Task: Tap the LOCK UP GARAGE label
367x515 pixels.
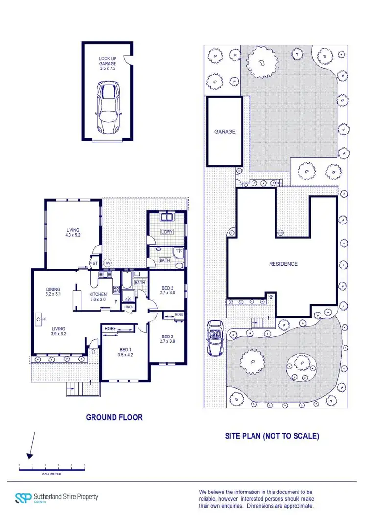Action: [108, 61]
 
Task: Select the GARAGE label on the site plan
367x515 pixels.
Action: [225, 132]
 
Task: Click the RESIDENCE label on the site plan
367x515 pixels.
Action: [283, 264]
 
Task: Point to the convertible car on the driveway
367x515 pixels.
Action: [215, 337]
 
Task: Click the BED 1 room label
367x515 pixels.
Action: [125, 352]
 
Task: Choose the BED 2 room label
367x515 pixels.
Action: [167, 339]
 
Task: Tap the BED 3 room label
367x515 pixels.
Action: [167, 290]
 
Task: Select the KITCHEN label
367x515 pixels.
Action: [98, 297]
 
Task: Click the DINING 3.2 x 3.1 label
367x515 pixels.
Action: [53, 291]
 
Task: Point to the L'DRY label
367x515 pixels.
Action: [167, 232]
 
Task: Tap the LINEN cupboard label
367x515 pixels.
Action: [129, 307]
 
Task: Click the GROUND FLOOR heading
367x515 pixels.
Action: [114, 417]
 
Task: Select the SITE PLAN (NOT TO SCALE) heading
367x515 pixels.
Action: [272, 436]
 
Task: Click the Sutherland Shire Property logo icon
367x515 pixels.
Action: [23, 498]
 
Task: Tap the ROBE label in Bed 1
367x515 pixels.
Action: [111, 329]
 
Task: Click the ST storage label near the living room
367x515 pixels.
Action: [95, 263]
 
